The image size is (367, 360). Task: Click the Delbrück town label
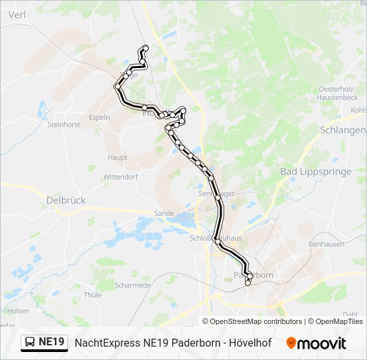(x=66, y=199)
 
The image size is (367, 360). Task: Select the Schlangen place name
(x=343, y=129)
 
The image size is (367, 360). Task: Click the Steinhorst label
(x=64, y=124)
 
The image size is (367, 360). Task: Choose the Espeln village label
(x=99, y=117)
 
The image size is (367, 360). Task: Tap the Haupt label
(x=117, y=157)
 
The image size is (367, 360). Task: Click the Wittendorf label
(x=120, y=177)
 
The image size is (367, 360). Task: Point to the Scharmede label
(x=132, y=285)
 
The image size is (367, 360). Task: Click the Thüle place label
(x=93, y=294)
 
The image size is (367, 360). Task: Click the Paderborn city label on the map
(x=254, y=275)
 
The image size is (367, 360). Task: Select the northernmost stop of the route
(x=145, y=48)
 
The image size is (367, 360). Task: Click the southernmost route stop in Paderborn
(x=248, y=283)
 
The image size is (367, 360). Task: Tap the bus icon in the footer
(x=30, y=343)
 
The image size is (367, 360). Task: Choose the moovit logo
(x=316, y=343)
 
